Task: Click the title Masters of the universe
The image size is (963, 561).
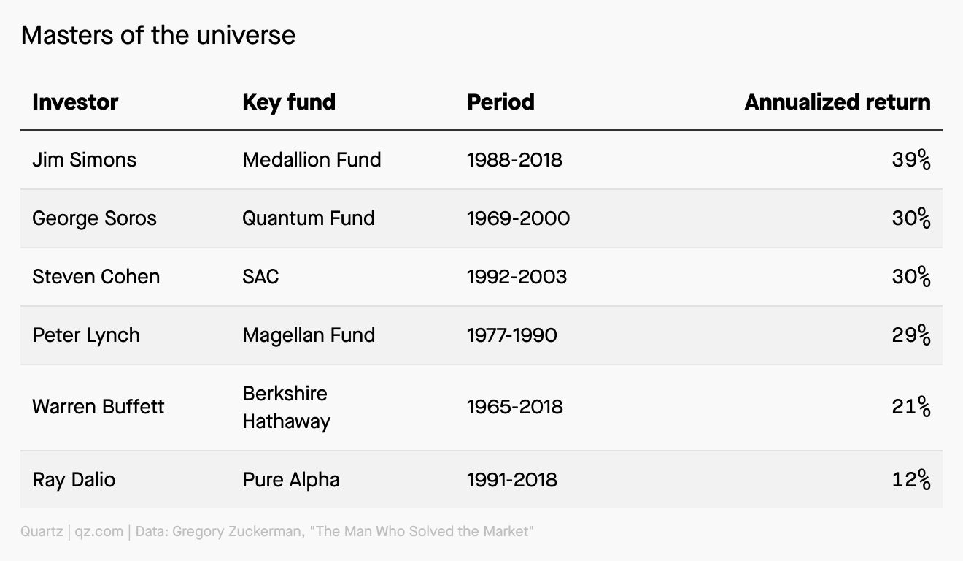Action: tap(158, 35)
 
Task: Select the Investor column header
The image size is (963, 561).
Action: tap(75, 102)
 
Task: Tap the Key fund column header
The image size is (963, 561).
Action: tap(289, 103)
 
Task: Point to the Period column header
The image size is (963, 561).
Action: tap(501, 102)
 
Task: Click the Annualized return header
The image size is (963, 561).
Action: tap(838, 102)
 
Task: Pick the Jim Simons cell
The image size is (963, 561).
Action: tap(85, 160)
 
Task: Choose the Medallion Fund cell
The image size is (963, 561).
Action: tap(312, 160)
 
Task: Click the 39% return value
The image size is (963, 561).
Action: tap(911, 160)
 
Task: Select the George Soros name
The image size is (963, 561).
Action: tap(95, 218)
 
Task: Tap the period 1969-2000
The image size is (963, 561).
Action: tap(519, 218)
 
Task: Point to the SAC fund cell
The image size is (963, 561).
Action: tap(260, 276)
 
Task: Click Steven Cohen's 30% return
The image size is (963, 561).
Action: tap(911, 276)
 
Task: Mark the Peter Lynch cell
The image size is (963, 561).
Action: tap(86, 335)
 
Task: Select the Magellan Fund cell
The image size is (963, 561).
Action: tap(309, 335)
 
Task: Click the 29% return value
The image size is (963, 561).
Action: tap(911, 335)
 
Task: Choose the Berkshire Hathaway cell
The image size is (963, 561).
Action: tap(286, 408)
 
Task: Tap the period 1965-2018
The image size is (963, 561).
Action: tap(515, 407)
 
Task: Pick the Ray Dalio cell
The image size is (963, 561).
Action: tap(74, 480)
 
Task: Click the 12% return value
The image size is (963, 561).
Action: tap(911, 480)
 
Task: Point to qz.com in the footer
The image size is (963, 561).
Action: tap(99, 532)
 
